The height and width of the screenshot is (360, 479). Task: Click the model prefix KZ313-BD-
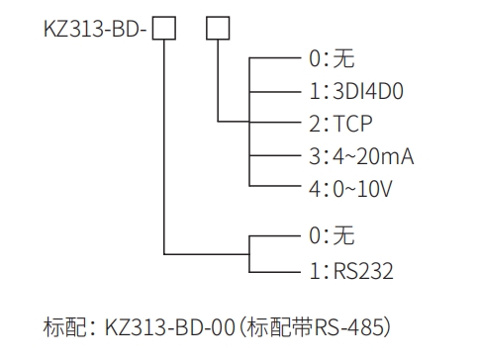point(94,29)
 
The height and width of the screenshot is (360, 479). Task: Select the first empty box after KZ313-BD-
point(164,29)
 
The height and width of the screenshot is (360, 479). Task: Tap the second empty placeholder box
point(216,29)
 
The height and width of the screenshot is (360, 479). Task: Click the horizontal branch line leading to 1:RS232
point(274,268)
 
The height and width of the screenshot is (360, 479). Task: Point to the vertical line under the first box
point(164,148)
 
